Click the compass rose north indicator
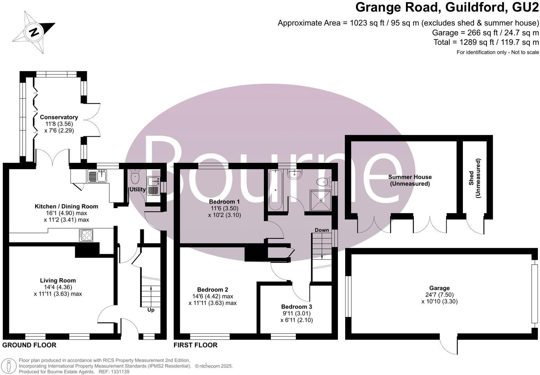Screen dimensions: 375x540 coord(34,32)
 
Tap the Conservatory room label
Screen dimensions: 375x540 coord(59,117)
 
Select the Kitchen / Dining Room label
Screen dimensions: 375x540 coord(66,206)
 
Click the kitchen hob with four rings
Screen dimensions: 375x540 coord(86,235)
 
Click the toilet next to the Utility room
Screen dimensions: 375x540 coord(135,177)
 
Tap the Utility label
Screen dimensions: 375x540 coord(137,190)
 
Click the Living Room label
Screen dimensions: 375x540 coord(58,281)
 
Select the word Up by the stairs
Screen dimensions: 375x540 coord(151,310)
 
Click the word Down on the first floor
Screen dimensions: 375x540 coord(322,230)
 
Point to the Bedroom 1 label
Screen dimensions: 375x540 coord(224,201)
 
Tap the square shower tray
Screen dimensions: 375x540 coord(321,200)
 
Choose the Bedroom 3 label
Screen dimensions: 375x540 coord(297,307)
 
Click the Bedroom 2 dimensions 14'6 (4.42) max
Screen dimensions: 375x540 coord(213,296)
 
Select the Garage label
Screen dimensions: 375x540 coord(439,288)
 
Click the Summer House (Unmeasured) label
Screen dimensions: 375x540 coord(410,180)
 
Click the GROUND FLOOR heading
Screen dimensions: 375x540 coord(29,345)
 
